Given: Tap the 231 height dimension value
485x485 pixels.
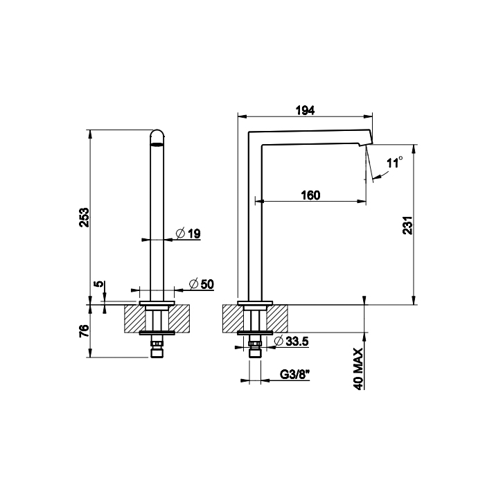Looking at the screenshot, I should pos(408,225).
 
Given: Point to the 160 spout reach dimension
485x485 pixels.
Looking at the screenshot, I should pos(310,195).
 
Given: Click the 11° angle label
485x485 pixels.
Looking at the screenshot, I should pos(394,163).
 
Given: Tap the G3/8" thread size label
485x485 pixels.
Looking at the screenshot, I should pos(295,375).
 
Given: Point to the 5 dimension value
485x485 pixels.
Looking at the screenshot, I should pos(98,284).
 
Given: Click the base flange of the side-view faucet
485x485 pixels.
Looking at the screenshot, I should pos(256,303).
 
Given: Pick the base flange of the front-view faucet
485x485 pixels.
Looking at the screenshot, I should pos(158,303).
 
